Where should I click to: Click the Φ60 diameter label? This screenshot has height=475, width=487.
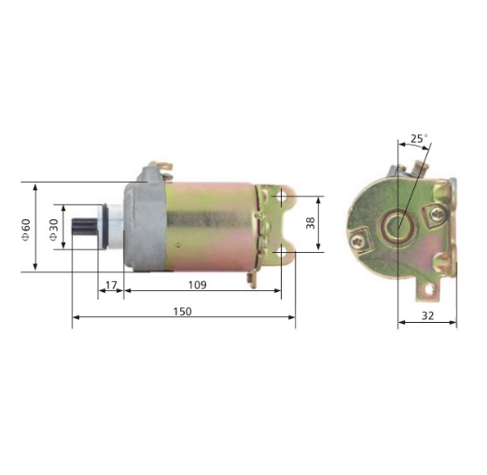pyautogui.click(x=25, y=229)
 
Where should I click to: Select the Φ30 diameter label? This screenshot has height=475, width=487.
pyautogui.click(x=53, y=229)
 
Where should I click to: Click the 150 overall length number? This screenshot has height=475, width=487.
pyautogui.click(x=183, y=311)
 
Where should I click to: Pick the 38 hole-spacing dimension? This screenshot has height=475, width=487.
pyautogui.click(x=311, y=224)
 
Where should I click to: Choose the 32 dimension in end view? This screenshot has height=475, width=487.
pyautogui.click(x=427, y=315)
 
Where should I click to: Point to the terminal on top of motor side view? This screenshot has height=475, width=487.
pyautogui.click(x=165, y=168)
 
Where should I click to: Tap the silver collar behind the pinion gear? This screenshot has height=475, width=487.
pyautogui.click(x=110, y=229)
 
